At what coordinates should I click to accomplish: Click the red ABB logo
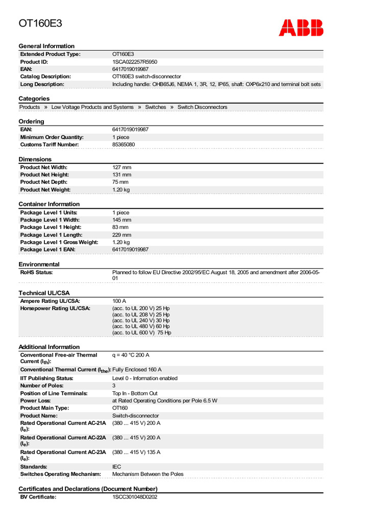pos(301,28)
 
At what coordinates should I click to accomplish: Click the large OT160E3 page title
pos(41,23)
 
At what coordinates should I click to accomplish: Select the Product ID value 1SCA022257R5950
pos(135,62)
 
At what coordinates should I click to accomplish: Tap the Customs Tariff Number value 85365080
pos(124,145)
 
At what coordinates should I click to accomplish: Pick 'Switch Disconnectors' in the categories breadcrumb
pos(202,107)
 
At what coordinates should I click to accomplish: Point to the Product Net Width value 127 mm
pos(121,168)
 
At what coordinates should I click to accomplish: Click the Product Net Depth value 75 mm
pos(120,182)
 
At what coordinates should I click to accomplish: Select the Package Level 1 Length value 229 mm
pos(121,235)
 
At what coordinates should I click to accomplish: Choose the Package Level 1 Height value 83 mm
pos(120,227)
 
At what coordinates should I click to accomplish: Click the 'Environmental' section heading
pos(39,265)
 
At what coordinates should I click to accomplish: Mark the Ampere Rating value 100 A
pos(119,301)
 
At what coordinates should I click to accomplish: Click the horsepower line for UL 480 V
pos(141,326)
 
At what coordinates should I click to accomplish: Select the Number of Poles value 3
pos(114,386)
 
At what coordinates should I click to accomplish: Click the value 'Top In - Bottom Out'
pos(135,393)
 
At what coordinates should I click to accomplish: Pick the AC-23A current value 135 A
pos(136,452)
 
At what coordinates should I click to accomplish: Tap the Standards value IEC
pos(117,467)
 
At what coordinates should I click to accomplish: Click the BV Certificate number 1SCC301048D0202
pos(135,497)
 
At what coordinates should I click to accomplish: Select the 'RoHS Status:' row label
pos(36,273)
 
